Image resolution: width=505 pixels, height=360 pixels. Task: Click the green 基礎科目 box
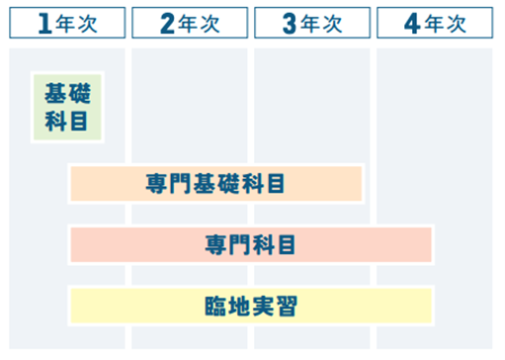pyautogui.click(x=67, y=107)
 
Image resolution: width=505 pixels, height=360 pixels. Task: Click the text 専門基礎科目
pyautogui.click(x=215, y=184)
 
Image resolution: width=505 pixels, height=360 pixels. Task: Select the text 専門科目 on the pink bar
pyautogui.click(x=251, y=244)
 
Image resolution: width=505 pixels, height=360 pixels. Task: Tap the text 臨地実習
pyautogui.click(x=251, y=305)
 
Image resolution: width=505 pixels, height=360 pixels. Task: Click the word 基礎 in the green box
pyautogui.click(x=67, y=94)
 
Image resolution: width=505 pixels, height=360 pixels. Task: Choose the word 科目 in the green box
pyautogui.click(x=67, y=121)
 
